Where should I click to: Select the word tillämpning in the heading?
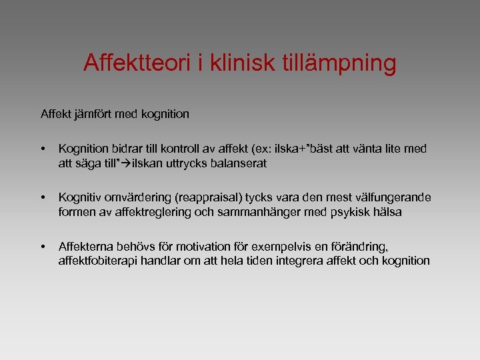point(341,63)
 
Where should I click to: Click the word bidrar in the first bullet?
point(129,149)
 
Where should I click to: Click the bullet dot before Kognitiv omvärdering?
point(43,198)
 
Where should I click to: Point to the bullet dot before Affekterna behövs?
point(43,247)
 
